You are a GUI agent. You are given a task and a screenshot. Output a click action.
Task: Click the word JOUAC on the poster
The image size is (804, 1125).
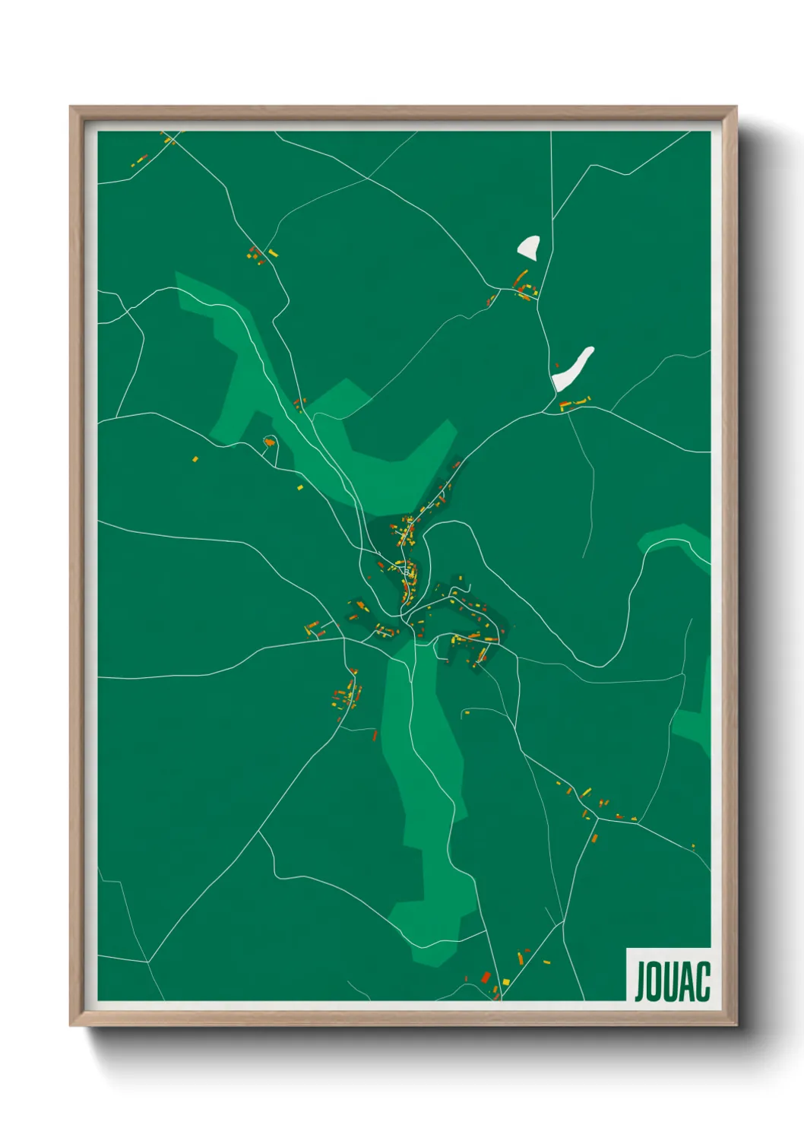pos(672,981)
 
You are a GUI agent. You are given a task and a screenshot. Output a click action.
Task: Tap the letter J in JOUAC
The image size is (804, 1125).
pos(641,981)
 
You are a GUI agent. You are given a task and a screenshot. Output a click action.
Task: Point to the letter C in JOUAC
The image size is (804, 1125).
pos(703,981)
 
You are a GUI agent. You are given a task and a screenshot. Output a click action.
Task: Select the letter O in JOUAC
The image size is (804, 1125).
pos(656,981)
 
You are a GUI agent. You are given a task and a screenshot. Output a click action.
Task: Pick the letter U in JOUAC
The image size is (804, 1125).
pos(672,981)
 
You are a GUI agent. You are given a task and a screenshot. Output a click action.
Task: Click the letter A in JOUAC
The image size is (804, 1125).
pos(688,981)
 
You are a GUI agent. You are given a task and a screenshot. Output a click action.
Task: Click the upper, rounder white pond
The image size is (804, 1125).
pos(528,246)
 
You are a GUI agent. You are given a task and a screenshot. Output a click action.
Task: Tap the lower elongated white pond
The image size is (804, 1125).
pos(573,369)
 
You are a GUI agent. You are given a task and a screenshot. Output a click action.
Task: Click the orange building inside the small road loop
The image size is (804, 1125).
pos(268,442)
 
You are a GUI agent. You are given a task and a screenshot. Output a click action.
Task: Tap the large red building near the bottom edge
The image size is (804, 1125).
pos(486,977)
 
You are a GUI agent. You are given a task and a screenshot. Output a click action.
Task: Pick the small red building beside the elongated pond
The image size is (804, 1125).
pos(556,366)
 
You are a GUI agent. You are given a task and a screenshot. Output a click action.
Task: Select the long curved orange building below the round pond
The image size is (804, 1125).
pos(521,277)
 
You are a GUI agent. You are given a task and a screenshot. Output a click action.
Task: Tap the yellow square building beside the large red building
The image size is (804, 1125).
pos(495,988)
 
